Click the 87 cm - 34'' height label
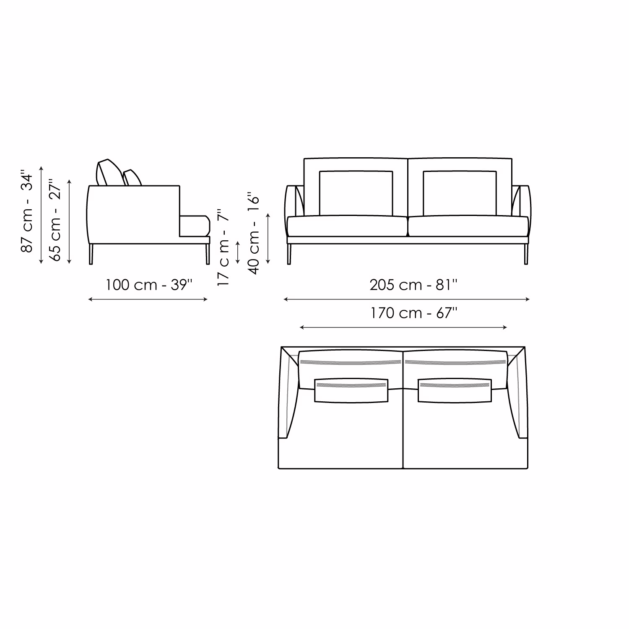26,211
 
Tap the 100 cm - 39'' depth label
149,285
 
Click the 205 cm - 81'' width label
413,285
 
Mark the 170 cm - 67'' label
413,313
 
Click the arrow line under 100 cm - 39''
148,299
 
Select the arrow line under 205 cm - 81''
407,299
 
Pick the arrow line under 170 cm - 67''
404,327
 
